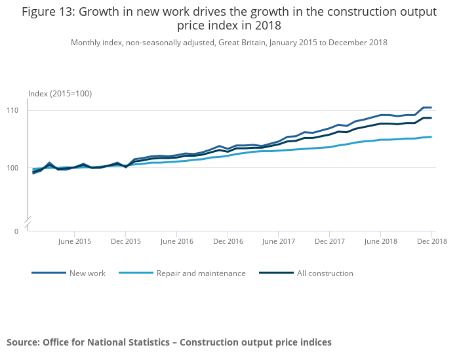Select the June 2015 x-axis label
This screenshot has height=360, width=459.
pos(75,241)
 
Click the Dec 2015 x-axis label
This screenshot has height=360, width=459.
pos(125,241)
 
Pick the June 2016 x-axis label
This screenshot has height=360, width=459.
pos(177,241)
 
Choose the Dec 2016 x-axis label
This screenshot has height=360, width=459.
pos(228,241)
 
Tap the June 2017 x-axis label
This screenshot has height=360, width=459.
pos(279,241)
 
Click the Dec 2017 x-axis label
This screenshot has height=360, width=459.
pos(330,241)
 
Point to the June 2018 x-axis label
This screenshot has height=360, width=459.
pos(381,241)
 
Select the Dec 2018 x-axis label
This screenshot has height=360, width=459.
pos(431,241)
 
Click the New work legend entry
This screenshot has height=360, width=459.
pos(87,273)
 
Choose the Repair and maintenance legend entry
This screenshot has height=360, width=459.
pos(201,273)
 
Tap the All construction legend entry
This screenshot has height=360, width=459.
pos(325,273)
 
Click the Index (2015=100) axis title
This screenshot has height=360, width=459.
pos(60,94)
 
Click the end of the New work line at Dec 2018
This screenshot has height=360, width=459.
pos(431,108)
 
